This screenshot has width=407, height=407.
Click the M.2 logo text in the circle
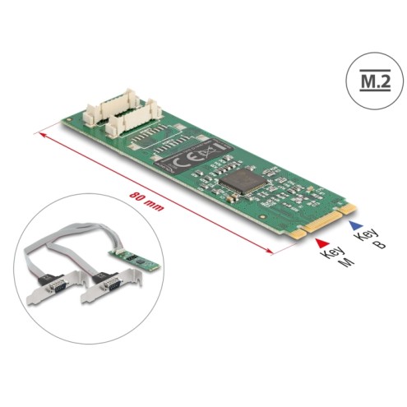[375, 81]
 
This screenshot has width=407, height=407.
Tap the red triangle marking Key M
[321, 243]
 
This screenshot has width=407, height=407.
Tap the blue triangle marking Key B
[356, 225]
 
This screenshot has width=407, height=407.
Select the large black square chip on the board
[243, 181]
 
